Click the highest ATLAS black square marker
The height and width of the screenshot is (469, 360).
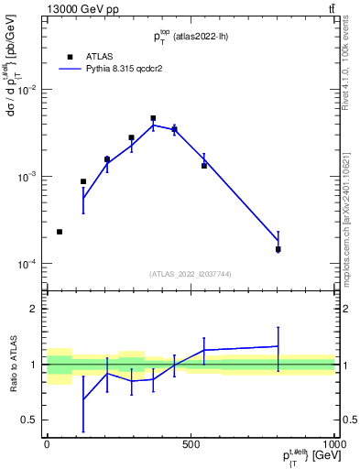153,118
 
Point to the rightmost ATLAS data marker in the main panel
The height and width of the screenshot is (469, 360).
278,249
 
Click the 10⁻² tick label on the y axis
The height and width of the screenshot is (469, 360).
29,90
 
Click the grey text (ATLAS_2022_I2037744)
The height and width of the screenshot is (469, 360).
191,274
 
